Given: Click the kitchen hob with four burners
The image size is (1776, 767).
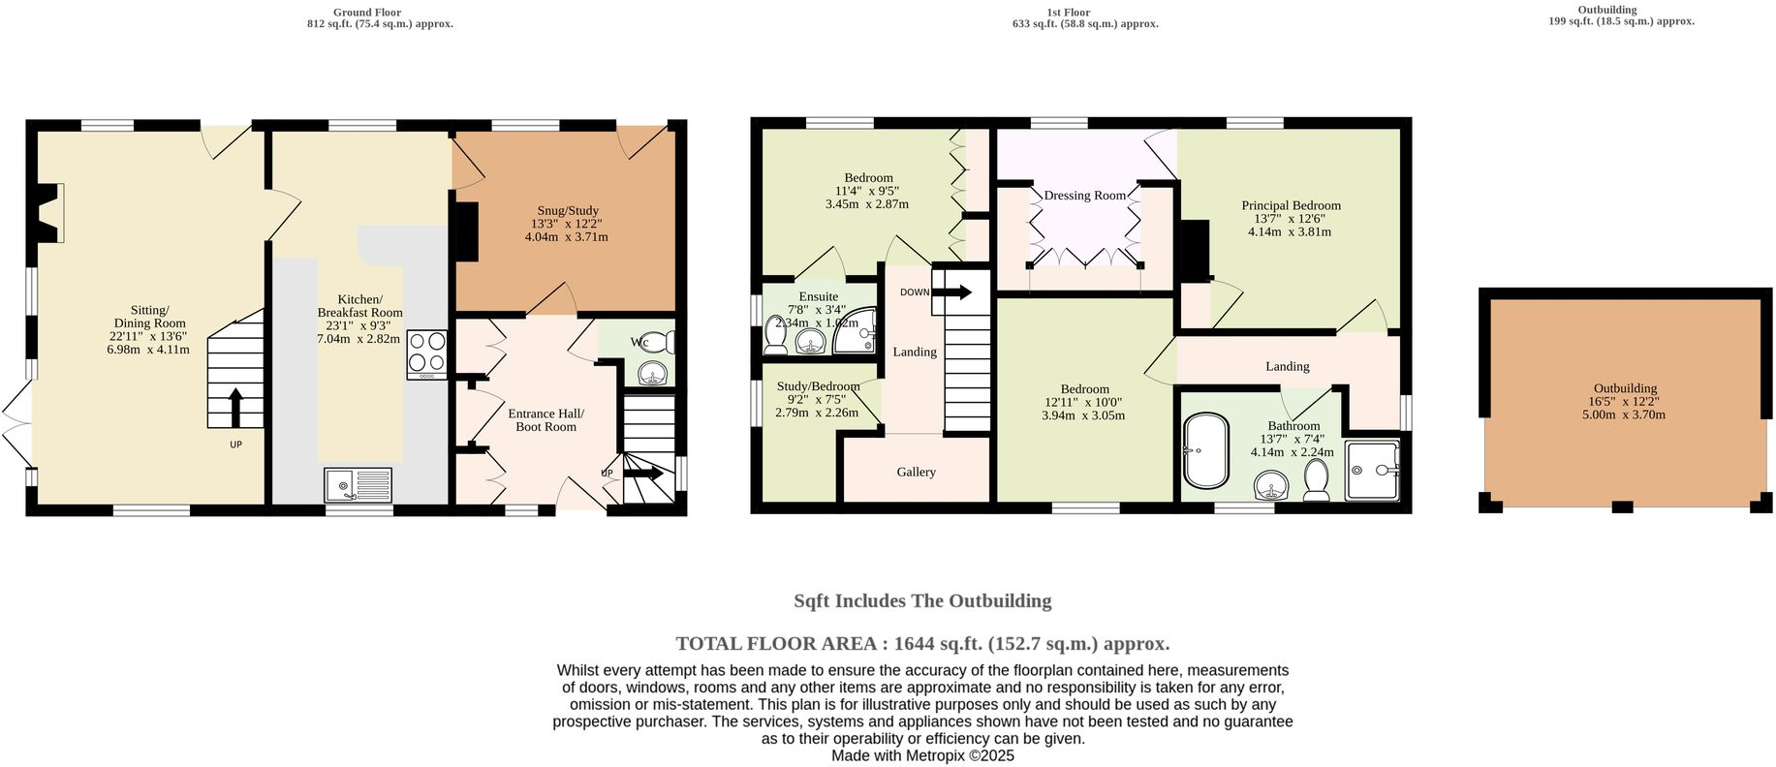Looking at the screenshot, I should (427, 353).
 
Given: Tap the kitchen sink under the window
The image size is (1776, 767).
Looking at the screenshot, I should (358, 484).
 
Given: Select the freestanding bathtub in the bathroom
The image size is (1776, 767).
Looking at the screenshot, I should (1205, 451).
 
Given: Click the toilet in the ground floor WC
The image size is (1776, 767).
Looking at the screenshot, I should (660, 342).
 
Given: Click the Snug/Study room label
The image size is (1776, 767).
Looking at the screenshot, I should (568, 211).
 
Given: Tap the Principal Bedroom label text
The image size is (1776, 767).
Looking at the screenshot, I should (1291, 205).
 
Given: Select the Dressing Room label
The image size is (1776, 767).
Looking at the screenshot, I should (1084, 196).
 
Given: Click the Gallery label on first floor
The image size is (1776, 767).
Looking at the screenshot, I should (916, 473).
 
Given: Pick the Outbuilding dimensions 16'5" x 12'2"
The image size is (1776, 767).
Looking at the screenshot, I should (1625, 402).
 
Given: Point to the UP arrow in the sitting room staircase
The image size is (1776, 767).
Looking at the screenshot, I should (234, 407).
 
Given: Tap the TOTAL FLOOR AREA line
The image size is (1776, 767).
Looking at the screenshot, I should (921, 644).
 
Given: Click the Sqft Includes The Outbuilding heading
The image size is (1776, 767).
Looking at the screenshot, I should (921, 601).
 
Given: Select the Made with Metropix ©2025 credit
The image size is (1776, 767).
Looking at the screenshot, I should (921, 755).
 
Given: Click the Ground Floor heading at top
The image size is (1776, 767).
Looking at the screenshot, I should (367, 13).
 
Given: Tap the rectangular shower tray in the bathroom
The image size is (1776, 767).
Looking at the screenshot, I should (1372, 471).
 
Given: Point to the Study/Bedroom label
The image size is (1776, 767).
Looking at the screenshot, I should (818, 386).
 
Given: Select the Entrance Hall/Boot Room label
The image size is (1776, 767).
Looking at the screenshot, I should (545, 420).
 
